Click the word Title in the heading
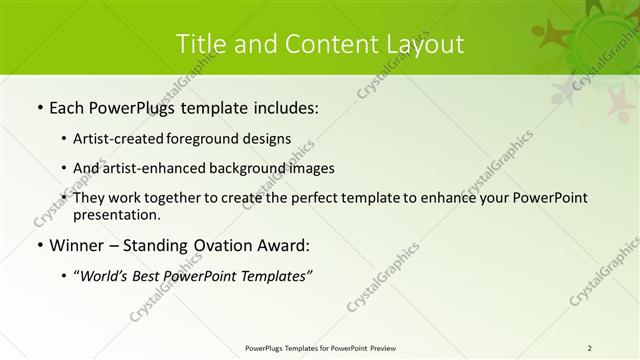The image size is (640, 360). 200,44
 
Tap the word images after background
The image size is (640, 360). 309,169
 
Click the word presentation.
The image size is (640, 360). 117,215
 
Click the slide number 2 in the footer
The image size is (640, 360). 589,347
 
